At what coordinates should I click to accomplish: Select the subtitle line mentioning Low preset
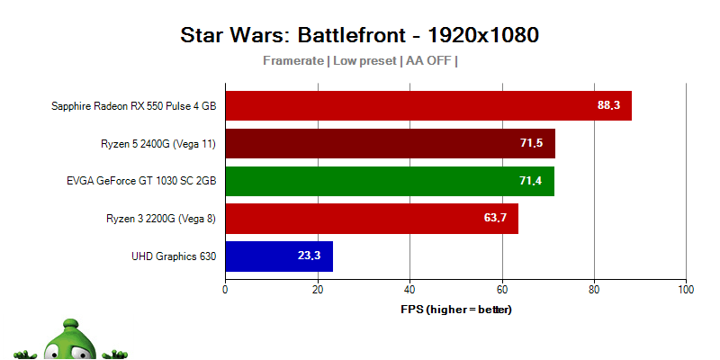pyautogui.click(x=360, y=61)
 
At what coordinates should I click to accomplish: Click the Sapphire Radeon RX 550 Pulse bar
pyautogui.click(x=428, y=105)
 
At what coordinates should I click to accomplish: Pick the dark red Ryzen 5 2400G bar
pyautogui.click(x=390, y=143)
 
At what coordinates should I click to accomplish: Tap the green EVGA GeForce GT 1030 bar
pyautogui.click(x=390, y=181)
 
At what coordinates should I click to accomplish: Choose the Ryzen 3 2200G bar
pyautogui.click(x=372, y=219)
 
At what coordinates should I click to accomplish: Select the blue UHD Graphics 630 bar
pyautogui.click(x=279, y=256)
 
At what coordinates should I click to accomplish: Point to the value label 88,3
pyautogui.click(x=608, y=105)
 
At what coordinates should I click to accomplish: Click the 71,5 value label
pyautogui.click(x=532, y=143)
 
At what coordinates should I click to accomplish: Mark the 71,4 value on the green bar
pyautogui.click(x=531, y=181)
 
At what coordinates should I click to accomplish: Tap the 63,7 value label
pyautogui.click(x=496, y=219)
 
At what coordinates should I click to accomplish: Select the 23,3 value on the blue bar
pyautogui.click(x=310, y=256)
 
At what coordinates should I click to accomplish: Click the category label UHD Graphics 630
pyautogui.click(x=175, y=256)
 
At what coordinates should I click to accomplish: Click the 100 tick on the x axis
pyautogui.click(x=686, y=290)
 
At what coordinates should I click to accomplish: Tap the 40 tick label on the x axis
pyautogui.click(x=409, y=290)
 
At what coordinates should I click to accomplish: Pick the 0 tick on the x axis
pyautogui.click(x=225, y=290)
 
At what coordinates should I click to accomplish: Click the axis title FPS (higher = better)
pyautogui.click(x=455, y=310)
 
